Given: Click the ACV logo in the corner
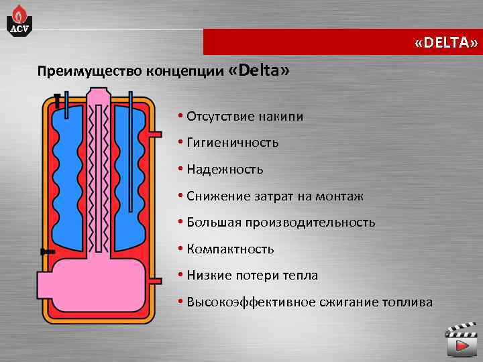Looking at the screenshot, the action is point(18,18).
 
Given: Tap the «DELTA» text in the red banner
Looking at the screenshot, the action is point(446,43).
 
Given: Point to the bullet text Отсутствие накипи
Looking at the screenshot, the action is point(245,117).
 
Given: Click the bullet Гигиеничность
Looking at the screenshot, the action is point(232,143).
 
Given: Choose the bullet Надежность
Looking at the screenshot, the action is point(225,170).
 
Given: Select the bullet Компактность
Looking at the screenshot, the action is point(230,249).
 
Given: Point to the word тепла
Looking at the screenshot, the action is point(301,276).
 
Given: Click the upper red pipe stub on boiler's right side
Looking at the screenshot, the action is point(155,135).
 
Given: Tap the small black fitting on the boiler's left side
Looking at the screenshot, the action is point(46,251).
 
